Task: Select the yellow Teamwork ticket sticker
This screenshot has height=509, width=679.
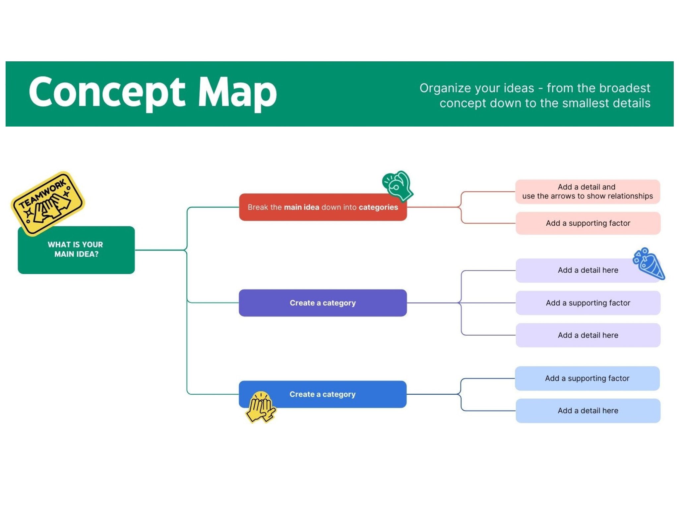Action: point(48,203)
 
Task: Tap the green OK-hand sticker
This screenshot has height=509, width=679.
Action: point(398,186)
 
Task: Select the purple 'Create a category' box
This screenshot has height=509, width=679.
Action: point(323,303)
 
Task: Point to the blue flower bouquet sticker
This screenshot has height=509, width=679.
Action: point(649,264)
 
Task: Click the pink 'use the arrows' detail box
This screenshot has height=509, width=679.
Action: point(587,192)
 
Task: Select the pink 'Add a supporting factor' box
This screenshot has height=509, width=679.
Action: point(588,223)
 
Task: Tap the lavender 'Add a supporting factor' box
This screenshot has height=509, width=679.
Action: point(588,303)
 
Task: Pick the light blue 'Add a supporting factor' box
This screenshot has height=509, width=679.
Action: point(587,378)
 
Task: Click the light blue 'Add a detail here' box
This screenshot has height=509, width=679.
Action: point(588,411)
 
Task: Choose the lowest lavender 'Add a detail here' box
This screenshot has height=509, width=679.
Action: point(588,335)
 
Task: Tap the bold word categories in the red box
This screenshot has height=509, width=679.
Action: point(378,207)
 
